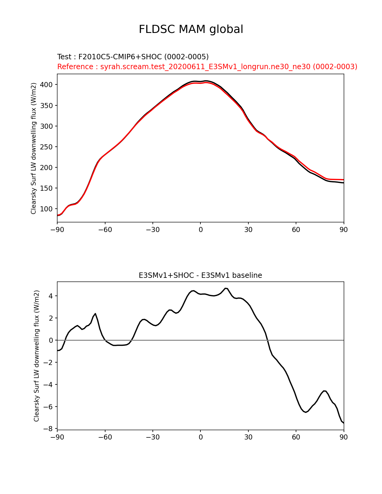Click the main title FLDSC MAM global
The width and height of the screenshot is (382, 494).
click(191, 29)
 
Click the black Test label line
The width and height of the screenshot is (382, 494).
click(133, 57)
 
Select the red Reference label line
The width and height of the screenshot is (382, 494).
click(207, 67)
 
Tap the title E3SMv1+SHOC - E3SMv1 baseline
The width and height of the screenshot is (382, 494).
click(200, 275)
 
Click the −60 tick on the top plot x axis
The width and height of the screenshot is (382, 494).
click(105, 230)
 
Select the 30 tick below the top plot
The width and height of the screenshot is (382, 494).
click(248, 230)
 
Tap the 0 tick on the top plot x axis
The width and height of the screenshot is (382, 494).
click(200, 230)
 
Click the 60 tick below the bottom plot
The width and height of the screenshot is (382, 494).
click(296, 437)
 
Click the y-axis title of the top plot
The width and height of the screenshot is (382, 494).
click(34, 148)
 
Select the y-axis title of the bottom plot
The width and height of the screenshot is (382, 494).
click(37, 356)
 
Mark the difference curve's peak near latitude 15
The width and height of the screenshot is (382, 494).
click(226, 288)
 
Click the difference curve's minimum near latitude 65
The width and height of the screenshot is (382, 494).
click(305, 412)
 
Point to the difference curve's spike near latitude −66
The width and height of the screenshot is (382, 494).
click(95, 313)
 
